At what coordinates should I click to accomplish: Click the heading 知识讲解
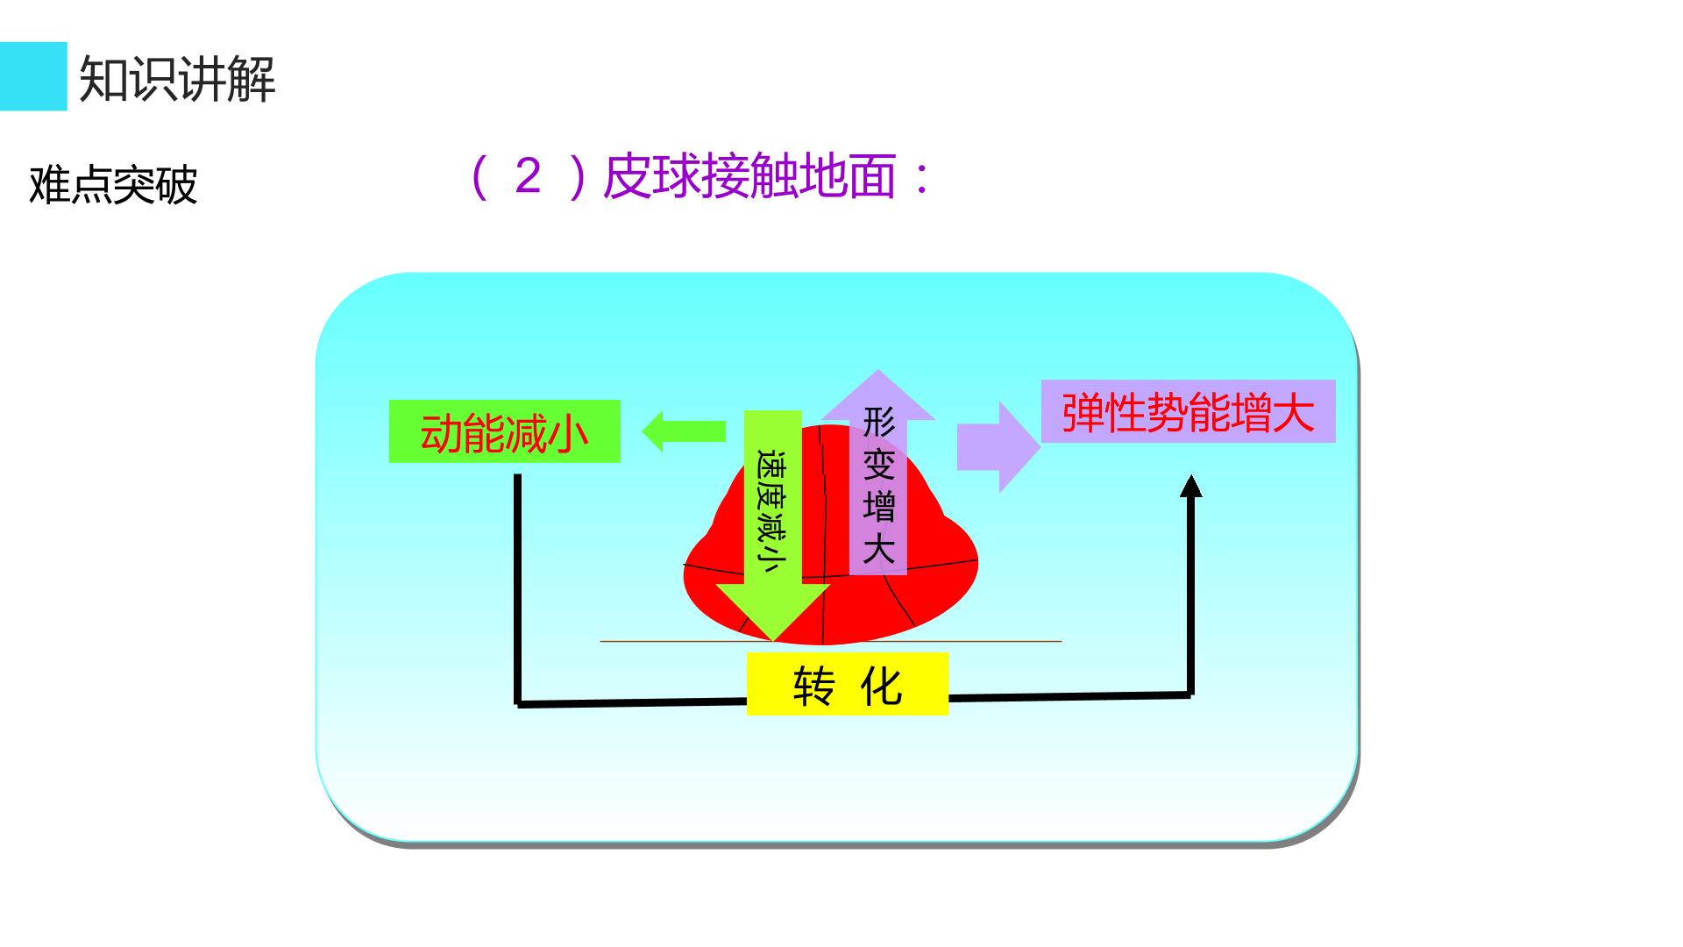(177, 78)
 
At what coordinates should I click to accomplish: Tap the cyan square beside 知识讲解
(33, 76)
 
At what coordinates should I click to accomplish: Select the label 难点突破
(113, 184)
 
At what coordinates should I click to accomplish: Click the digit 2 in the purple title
(529, 176)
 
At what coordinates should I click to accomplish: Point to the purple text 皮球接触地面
(749, 176)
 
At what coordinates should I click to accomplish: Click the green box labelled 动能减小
(505, 431)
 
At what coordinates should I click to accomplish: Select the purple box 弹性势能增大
(1189, 411)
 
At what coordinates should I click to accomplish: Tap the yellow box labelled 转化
(848, 684)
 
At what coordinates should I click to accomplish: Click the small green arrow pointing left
(684, 431)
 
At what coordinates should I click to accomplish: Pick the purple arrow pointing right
(998, 447)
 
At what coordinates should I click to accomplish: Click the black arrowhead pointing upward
(1190, 486)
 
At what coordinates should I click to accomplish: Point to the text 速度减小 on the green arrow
(770, 512)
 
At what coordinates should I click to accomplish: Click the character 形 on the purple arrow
(878, 422)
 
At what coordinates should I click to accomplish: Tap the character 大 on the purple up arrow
(878, 550)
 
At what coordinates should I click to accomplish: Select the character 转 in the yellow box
(813, 686)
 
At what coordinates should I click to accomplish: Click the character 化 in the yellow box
(882, 686)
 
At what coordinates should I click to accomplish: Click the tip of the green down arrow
(773, 641)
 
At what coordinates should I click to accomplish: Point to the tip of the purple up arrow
(877, 371)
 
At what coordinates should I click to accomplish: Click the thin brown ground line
(831, 641)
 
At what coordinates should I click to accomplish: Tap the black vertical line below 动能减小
(517, 589)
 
